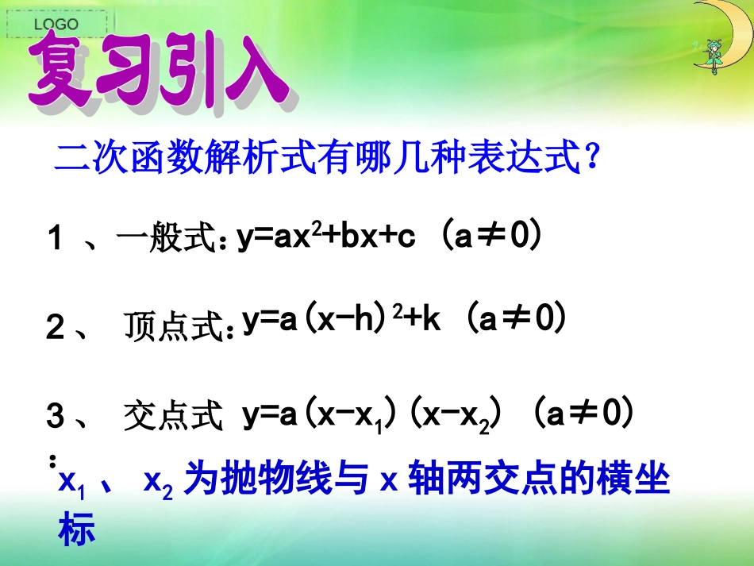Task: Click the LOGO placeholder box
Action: coord(56,25)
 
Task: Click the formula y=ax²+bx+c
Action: coord(326,237)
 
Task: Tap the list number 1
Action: coord(55,238)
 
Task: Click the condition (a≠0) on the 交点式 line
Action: coord(583,413)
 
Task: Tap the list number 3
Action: coord(55,418)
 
